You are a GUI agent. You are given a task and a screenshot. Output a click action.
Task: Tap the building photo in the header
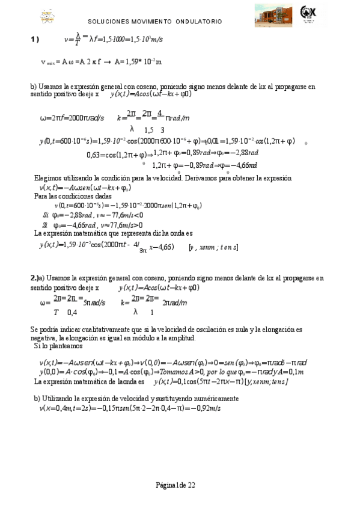click(274, 14)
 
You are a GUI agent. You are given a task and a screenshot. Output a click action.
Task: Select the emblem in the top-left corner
click(47, 16)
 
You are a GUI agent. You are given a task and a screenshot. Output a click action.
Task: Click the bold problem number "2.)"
click(35, 278)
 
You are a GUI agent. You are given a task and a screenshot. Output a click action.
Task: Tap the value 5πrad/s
click(94, 303)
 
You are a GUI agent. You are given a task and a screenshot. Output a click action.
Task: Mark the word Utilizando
click(67, 398)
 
